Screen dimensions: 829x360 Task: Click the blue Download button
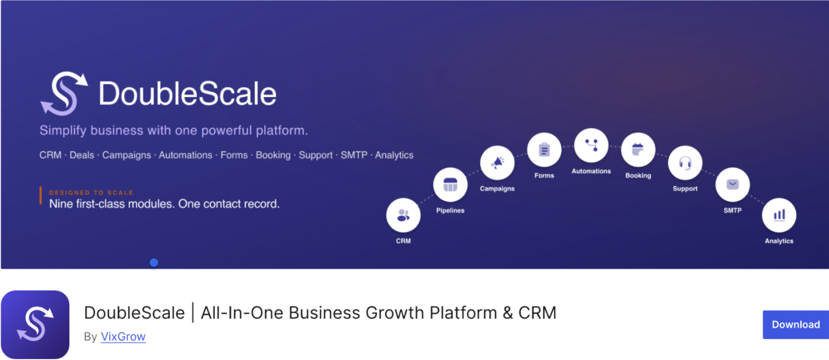point(796,325)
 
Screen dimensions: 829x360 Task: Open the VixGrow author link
point(123,336)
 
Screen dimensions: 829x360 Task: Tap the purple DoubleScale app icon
point(35,325)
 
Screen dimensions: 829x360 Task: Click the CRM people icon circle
point(403,215)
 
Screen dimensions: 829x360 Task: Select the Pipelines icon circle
point(450,185)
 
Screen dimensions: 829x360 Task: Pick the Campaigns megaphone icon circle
point(498,163)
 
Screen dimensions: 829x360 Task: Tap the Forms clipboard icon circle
point(544,150)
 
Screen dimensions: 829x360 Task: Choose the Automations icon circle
point(591,146)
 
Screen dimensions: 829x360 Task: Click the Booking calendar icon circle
point(638,150)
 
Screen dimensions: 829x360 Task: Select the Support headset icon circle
point(685,163)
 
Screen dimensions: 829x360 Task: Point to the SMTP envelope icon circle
point(733,185)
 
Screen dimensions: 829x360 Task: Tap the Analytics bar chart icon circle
point(779,215)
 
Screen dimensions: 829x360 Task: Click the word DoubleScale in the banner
point(187,94)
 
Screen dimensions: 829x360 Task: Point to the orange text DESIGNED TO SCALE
point(91,192)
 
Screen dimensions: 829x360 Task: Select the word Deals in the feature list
point(82,155)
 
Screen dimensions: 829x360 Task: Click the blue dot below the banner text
point(154,263)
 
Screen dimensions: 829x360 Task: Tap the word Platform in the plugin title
point(463,313)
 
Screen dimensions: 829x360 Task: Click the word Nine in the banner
point(61,204)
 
